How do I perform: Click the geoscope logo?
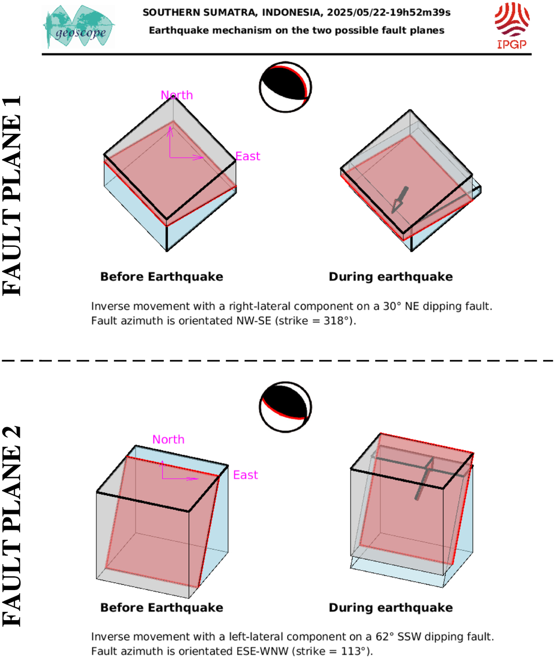pos(79,26)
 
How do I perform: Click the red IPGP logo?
pos(512,25)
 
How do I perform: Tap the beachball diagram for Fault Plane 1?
pos(286,87)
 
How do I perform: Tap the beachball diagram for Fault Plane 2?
pos(286,407)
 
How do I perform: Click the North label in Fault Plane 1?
pos(177,95)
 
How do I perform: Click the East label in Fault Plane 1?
pos(248,156)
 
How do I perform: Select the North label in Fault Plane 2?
pos(168,439)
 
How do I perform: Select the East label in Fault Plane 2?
pos(246,475)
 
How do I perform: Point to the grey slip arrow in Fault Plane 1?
pos(400,200)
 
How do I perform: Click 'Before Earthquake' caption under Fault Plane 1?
pos(162,277)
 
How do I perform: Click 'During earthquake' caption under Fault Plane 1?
pos(391,277)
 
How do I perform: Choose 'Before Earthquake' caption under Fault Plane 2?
pos(162,607)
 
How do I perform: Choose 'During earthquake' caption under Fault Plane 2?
pos(391,607)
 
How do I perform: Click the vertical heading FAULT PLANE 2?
pos(11,527)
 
